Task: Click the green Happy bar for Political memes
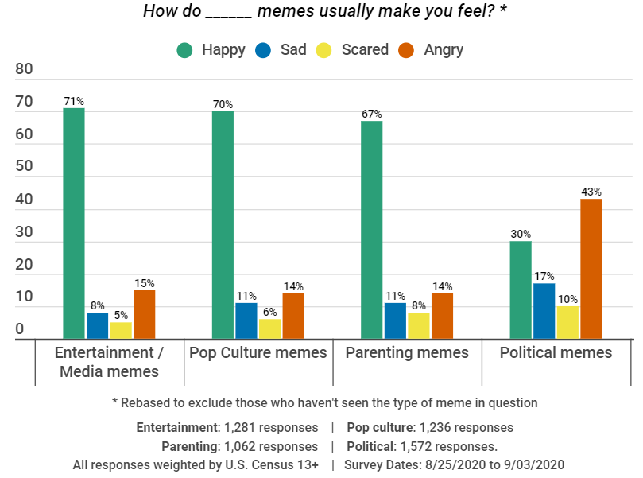(x=521, y=290)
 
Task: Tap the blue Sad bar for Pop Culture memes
(x=246, y=321)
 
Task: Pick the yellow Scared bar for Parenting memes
(x=419, y=325)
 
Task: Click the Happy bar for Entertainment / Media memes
(x=74, y=223)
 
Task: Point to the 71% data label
(x=74, y=102)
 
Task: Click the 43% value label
(x=591, y=192)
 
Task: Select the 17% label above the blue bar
(x=544, y=277)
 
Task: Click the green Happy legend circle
(x=185, y=50)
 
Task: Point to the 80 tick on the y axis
(x=24, y=69)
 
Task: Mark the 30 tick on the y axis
(x=24, y=232)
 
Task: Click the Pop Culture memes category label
(x=258, y=352)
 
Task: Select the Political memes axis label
(x=556, y=352)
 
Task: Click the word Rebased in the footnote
(x=148, y=403)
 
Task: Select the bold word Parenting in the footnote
(x=191, y=446)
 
